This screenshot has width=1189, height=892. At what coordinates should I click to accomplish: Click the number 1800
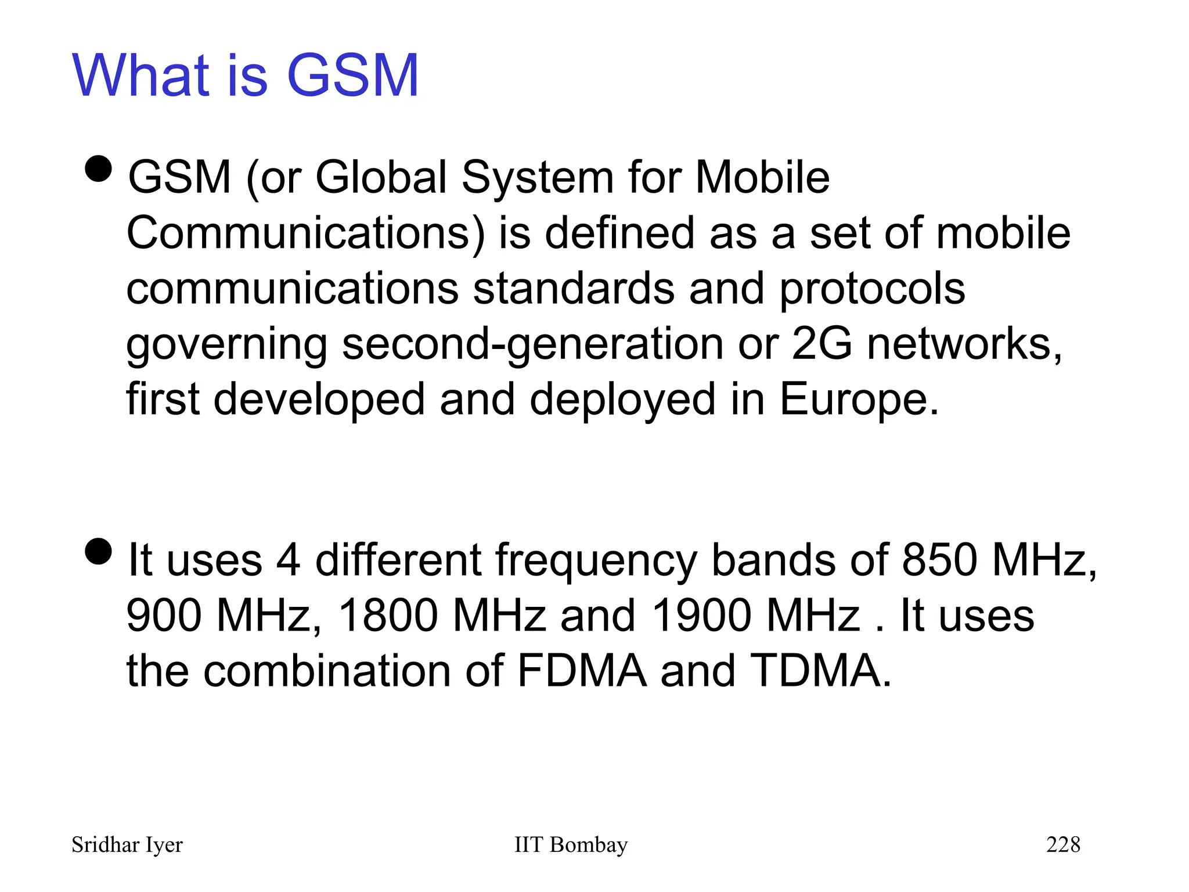[x=387, y=616]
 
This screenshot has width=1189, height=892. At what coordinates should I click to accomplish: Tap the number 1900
[x=701, y=616]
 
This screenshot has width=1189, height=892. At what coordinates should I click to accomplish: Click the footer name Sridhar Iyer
[x=127, y=845]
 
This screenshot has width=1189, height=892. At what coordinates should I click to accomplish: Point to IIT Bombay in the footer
[x=571, y=845]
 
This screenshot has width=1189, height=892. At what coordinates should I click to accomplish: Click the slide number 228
[x=1063, y=844]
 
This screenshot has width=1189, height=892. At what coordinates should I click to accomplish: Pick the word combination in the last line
[x=327, y=671]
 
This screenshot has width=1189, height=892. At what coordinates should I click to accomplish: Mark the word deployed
[x=622, y=401]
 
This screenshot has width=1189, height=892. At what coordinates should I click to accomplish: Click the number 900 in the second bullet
[x=164, y=616]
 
